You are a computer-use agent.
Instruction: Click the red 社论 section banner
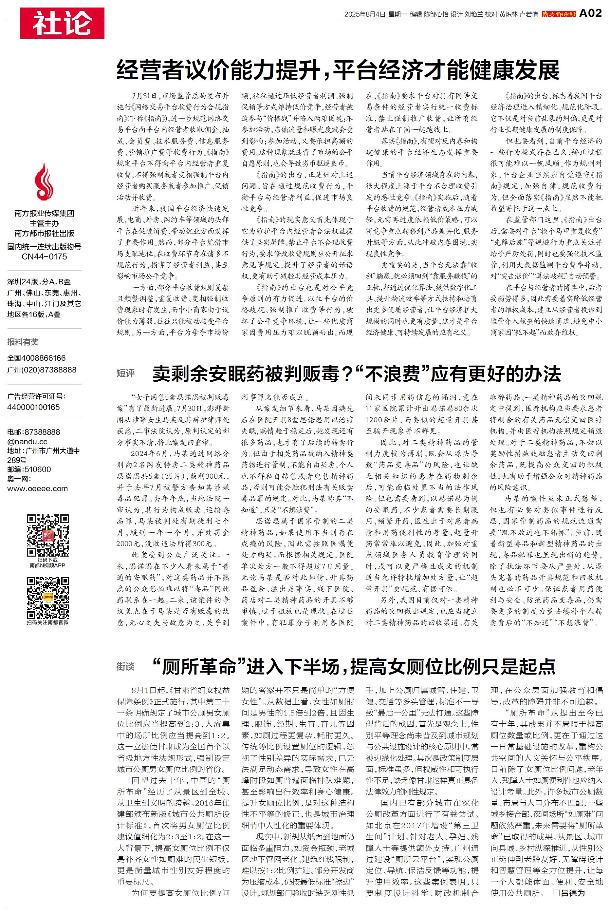coord(62,23)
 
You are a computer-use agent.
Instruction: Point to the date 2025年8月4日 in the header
coord(364,14)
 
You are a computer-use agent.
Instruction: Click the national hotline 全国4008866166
coord(37,358)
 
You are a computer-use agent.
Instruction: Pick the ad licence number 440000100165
coord(33,407)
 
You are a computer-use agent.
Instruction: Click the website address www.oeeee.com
coord(37,488)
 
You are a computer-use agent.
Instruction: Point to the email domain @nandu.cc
coord(27,441)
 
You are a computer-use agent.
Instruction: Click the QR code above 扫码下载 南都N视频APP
coord(48,535)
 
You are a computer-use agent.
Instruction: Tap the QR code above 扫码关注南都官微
coord(48,598)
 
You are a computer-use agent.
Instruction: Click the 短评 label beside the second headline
coord(125,373)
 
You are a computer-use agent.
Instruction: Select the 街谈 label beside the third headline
coord(125,667)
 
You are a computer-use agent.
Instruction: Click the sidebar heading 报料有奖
coord(23,342)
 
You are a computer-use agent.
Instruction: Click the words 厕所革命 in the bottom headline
coord(200,667)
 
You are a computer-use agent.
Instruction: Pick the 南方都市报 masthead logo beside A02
coord(559,14)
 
